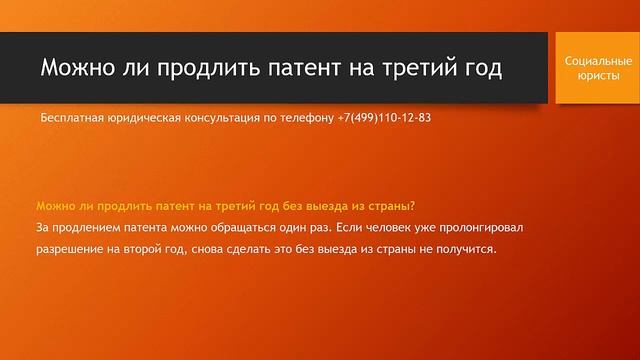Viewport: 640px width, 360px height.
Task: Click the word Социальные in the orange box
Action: pyautogui.click(x=597, y=61)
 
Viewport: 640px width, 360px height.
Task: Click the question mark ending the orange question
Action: pyautogui.click(x=413, y=206)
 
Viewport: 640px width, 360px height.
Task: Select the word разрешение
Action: pyautogui.click(x=73, y=248)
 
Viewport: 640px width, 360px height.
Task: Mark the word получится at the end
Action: pyautogui.click(x=463, y=248)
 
